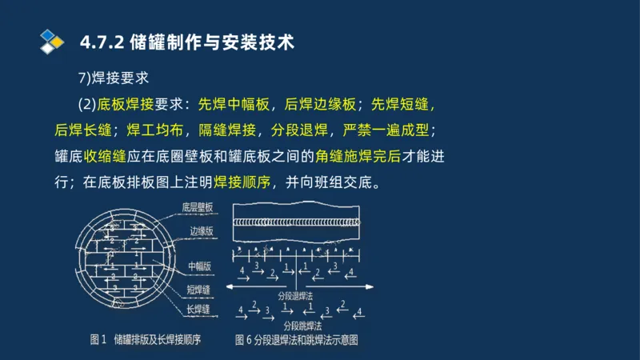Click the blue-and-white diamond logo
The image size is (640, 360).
pyautogui.click(x=51, y=41)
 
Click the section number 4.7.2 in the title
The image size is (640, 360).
pyautogui.click(x=102, y=42)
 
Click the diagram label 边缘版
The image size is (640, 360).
pyautogui.click(x=202, y=230)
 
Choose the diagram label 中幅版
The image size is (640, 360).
pyautogui.click(x=200, y=266)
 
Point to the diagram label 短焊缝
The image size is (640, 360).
pyautogui.click(x=200, y=288)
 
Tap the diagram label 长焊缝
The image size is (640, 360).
pyautogui.click(x=200, y=308)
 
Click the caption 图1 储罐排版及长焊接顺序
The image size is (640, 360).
pyautogui.click(x=144, y=339)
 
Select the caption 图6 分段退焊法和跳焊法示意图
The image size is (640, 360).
pyautogui.click(x=297, y=339)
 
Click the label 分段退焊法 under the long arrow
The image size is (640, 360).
pyautogui.click(x=296, y=296)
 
